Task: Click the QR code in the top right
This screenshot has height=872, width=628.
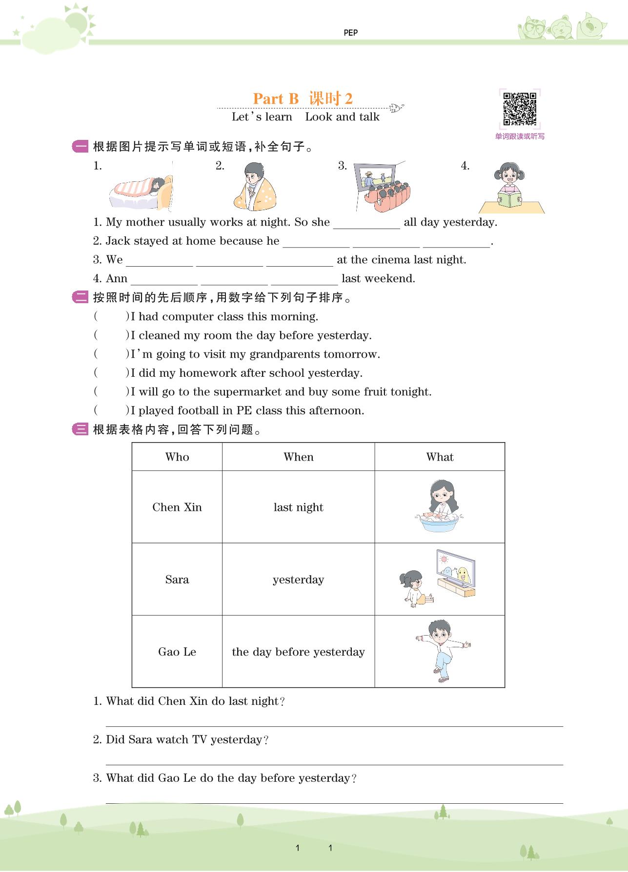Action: click(x=520, y=109)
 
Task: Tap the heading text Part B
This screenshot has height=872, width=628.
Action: click(x=276, y=99)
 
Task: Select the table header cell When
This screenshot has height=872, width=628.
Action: click(x=298, y=457)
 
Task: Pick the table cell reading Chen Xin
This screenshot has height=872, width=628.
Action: click(x=177, y=507)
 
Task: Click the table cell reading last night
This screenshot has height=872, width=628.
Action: click(x=298, y=507)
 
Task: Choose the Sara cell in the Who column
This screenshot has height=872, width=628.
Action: click(x=177, y=580)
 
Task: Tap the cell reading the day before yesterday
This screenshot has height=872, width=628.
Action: click(x=298, y=652)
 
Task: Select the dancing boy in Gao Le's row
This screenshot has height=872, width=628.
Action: click(x=442, y=651)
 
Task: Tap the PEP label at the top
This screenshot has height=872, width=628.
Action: click(x=350, y=33)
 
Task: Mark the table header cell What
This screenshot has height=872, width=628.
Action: click(x=440, y=457)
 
